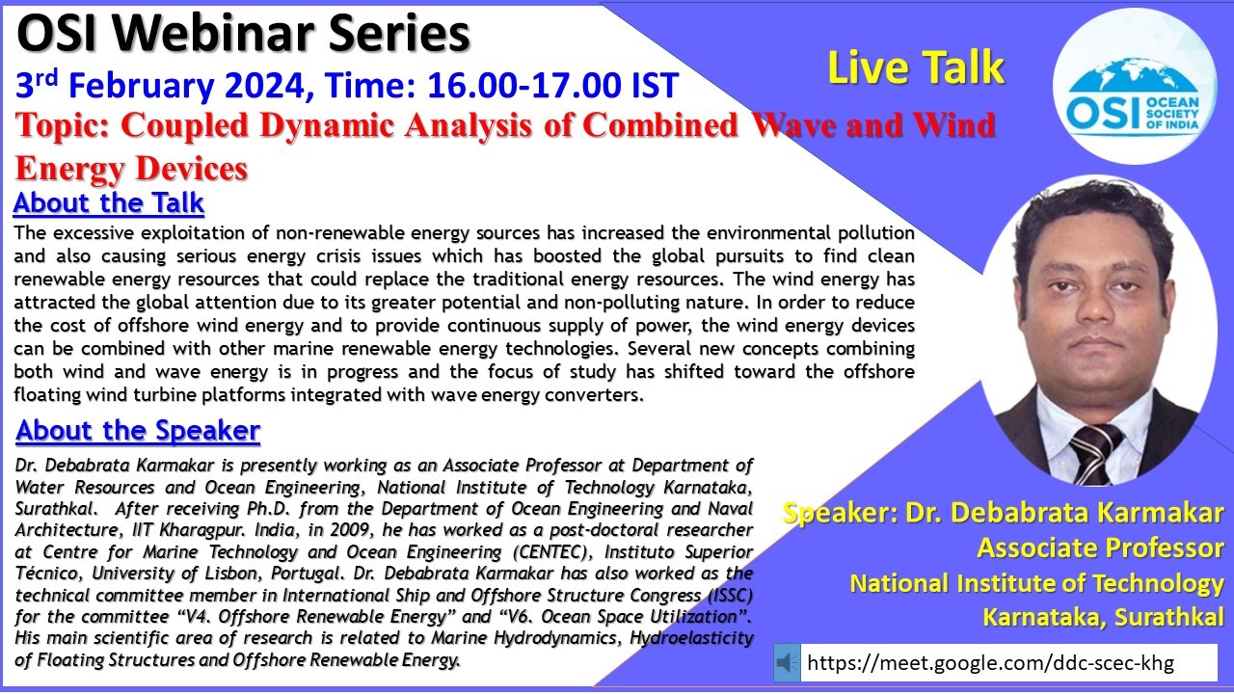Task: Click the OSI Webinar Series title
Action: (x=243, y=34)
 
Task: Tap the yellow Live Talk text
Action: (x=916, y=67)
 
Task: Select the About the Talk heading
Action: (x=109, y=202)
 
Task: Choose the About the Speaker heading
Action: (x=138, y=430)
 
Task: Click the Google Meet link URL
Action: (x=990, y=662)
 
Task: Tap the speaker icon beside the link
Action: (x=787, y=662)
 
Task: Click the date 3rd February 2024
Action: (x=160, y=86)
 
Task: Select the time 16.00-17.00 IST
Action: (x=552, y=86)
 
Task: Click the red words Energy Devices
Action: (x=132, y=169)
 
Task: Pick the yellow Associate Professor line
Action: (x=1100, y=548)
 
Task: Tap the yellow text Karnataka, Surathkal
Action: (x=1104, y=617)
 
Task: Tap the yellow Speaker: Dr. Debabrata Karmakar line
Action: (x=1004, y=513)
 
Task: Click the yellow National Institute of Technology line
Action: (x=1036, y=584)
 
